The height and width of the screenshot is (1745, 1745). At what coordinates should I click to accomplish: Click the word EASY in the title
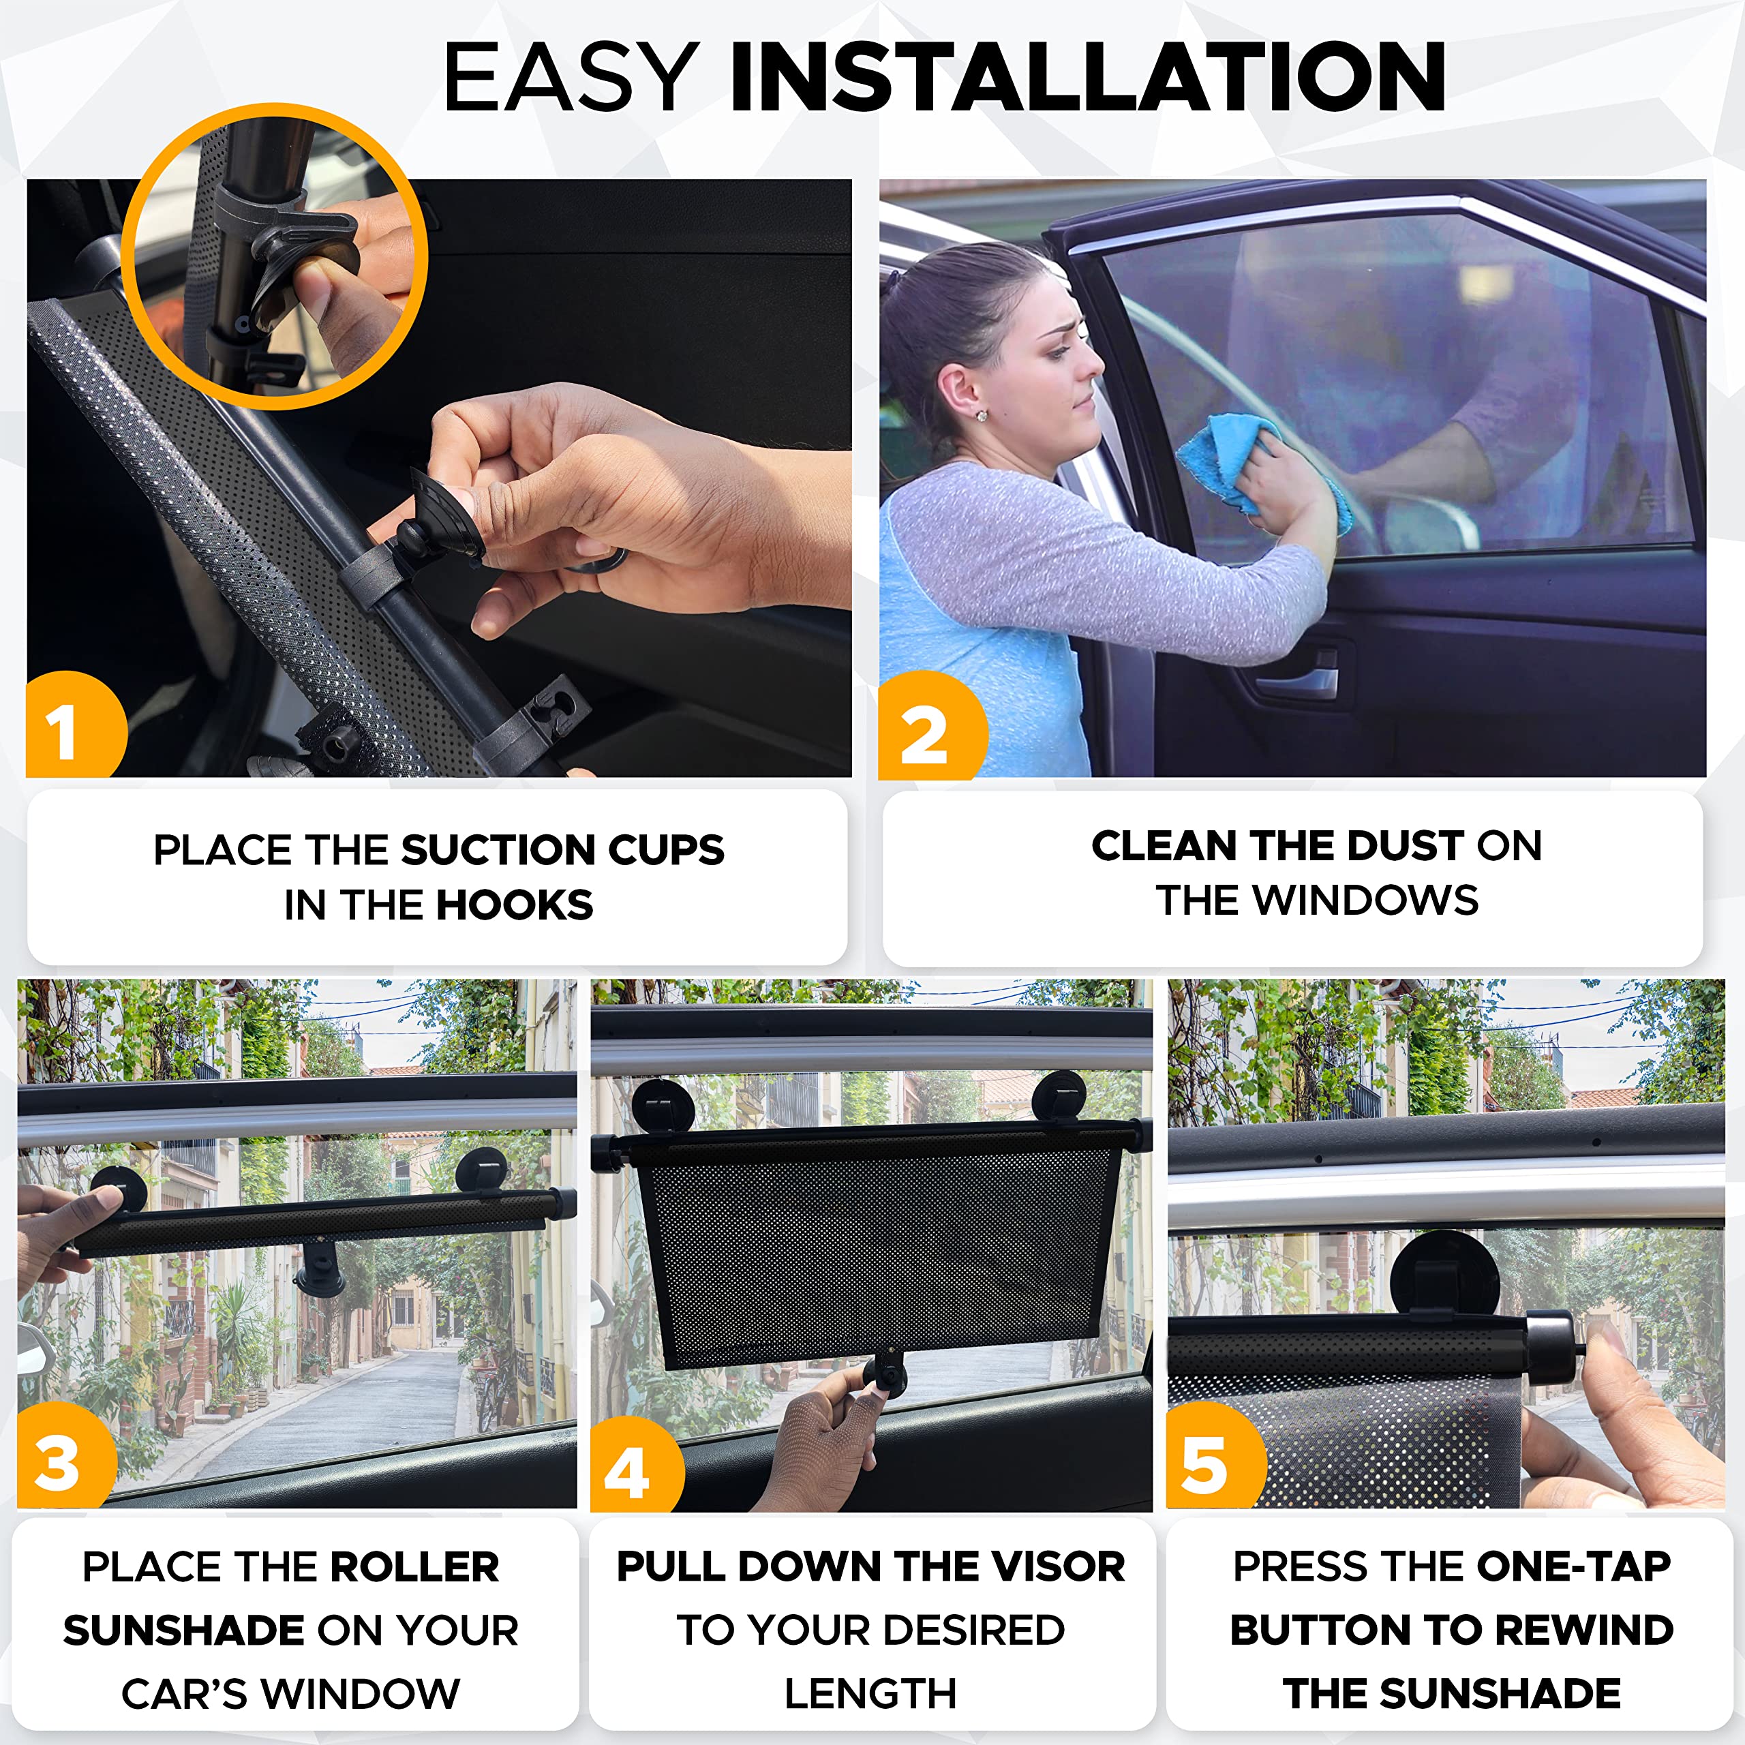(571, 78)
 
